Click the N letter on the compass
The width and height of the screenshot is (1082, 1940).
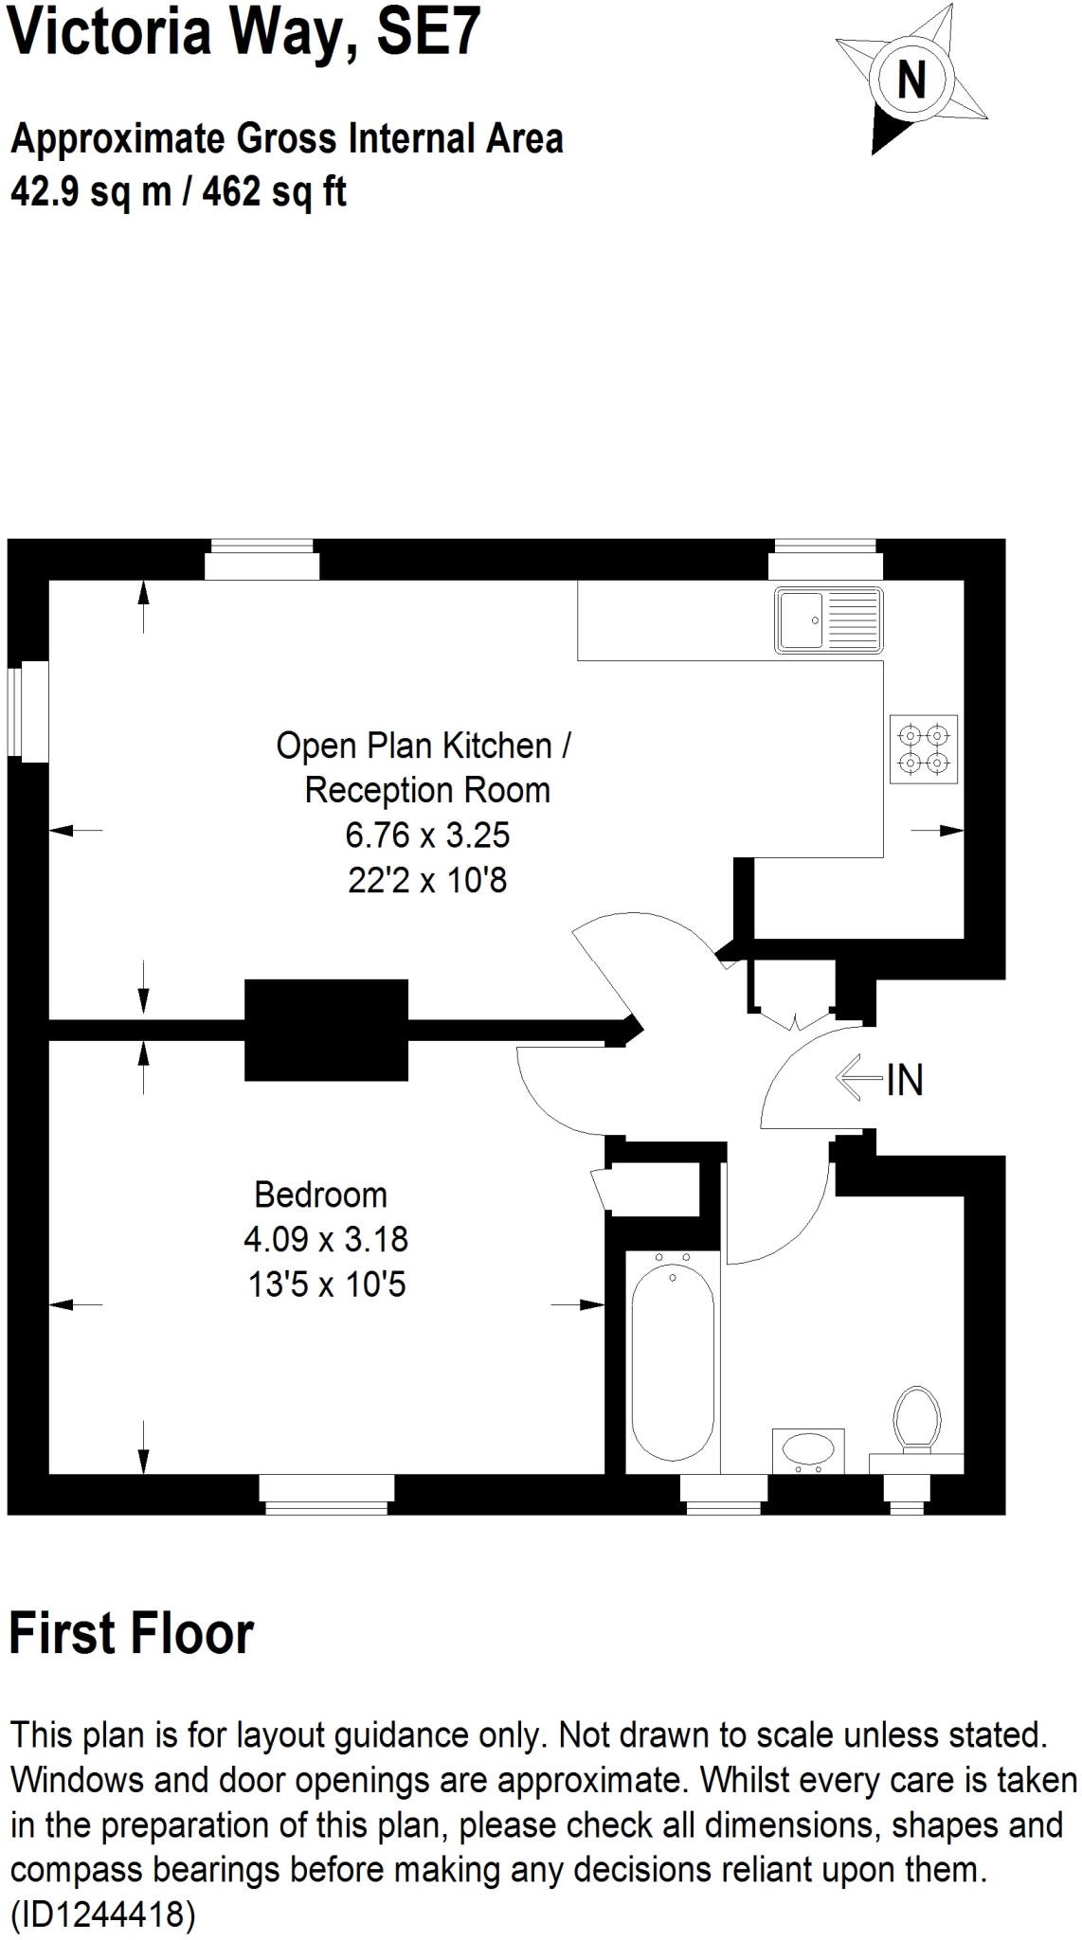tap(911, 79)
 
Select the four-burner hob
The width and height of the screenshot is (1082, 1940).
tap(923, 747)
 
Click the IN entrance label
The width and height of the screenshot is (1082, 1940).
tap(905, 1080)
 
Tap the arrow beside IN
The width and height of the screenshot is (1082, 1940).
tap(857, 1078)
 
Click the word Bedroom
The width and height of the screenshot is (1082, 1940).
tap(320, 1195)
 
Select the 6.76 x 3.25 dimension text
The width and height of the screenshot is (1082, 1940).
tap(427, 835)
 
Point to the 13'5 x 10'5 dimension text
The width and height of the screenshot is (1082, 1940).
tap(327, 1284)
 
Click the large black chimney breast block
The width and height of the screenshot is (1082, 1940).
tap(326, 1030)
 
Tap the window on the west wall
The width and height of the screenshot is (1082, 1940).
tap(27, 710)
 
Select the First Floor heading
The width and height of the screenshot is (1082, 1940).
tap(132, 1633)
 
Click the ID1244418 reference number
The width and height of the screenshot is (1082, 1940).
tap(101, 1914)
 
